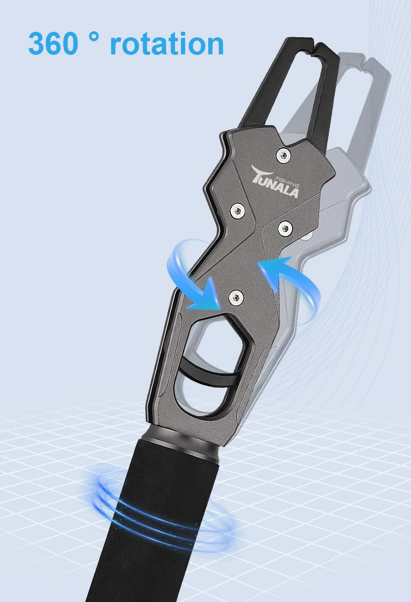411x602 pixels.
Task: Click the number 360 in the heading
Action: pyautogui.click(x=53, y=44)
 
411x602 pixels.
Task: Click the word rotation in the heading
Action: pyautogui.click(x=167, y=44)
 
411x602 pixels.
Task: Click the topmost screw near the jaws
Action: pyautogui.click(x=283, y=155)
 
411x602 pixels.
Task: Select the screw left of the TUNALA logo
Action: pyautogui.click(x=238, y=210)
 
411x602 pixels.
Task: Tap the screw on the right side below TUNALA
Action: pyautogui.click(x=285, y=229)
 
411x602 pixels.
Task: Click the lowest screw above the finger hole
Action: pyautogui.click(x=236, y=297)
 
